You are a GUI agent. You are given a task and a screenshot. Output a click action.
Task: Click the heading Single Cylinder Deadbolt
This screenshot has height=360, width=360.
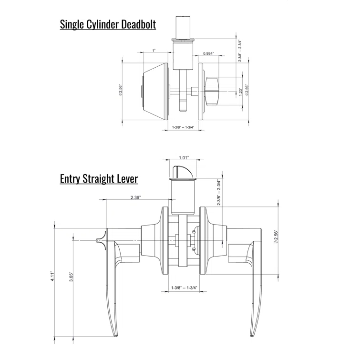click(108, 24)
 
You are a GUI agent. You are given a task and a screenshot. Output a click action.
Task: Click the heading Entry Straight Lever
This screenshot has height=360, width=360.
click(99, 179)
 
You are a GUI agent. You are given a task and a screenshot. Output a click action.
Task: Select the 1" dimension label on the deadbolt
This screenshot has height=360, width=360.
click(154, 51)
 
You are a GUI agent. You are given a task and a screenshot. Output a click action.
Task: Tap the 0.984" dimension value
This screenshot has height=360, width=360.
click(208, 53)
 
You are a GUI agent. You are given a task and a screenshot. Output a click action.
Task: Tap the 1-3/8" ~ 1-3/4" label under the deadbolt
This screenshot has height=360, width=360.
click(183, 127)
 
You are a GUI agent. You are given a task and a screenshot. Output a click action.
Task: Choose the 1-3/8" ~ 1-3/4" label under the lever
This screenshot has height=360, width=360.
click(184, 288)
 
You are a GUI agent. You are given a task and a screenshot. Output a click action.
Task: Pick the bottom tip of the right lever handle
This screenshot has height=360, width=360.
click(252, 335)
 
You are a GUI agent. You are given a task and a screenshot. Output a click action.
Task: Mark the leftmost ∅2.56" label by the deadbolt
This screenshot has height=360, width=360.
click(122, 91)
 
